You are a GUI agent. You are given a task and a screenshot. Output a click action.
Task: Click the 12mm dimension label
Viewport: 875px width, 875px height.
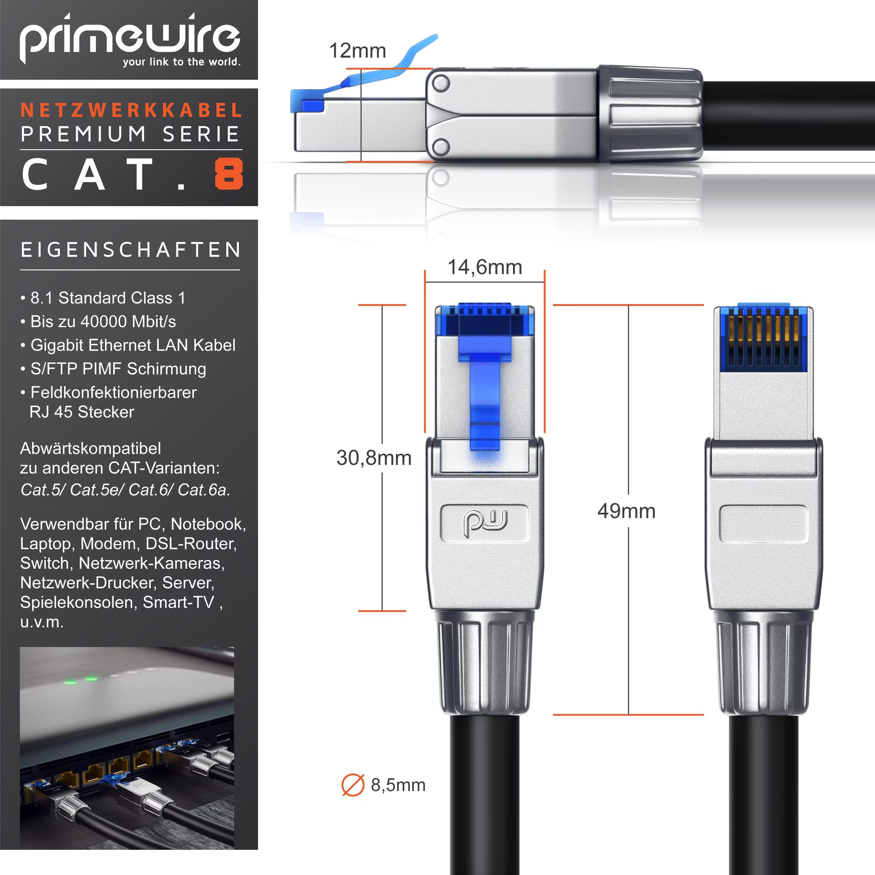[x=357, y=51]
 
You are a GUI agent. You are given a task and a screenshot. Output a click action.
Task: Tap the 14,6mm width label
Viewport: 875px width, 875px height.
[x=485, y=267]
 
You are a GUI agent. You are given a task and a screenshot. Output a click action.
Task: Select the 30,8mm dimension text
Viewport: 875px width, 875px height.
[x=374, y=458]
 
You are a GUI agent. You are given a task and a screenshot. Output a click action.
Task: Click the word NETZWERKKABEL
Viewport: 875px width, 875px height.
[x=131, y=110]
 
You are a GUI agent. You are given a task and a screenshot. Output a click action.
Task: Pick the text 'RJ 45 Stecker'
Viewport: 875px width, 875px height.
[x=82, y=412]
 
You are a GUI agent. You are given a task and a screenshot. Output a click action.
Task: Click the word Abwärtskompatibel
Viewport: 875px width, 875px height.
[x=91, y=448]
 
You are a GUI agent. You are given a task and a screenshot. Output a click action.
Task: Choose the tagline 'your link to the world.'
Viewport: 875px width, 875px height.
[x=182, y=62]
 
